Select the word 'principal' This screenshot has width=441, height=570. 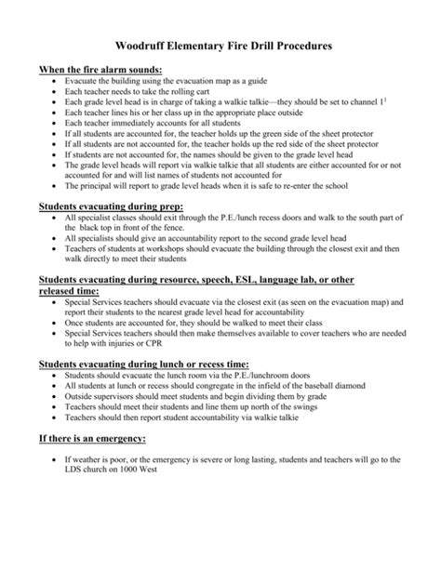[87, 185]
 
